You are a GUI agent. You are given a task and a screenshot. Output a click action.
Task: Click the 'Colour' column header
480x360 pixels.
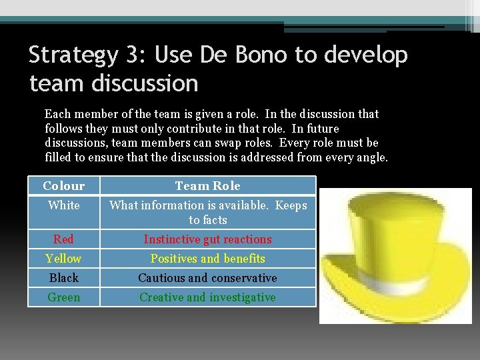(x=64, y=186)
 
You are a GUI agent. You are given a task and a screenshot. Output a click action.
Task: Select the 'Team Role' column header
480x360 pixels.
(x=207, y=186)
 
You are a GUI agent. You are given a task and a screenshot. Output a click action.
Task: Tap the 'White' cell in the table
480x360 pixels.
(x=64, y=205)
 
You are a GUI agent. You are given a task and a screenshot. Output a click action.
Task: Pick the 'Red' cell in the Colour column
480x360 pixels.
(x=64, y=239)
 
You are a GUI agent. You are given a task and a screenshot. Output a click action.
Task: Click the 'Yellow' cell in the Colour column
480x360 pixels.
(x=64, y=259)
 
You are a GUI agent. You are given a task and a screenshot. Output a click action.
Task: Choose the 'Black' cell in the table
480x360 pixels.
(x=64, y=278)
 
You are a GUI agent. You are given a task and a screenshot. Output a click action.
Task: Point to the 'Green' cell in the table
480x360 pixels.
(x=64, y=297)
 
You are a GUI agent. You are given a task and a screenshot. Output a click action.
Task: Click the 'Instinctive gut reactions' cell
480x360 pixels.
(x=207, y=239)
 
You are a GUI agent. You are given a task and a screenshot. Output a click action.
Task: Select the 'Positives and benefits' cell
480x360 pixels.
(x=207, y=259)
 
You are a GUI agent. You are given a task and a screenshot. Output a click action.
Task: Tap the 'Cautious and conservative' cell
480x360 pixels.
(x=207, y=278)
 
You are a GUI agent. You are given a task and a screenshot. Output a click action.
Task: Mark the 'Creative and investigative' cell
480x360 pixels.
(x=207, y=297)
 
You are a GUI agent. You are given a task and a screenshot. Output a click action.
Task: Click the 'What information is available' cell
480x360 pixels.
(x=207, y=212)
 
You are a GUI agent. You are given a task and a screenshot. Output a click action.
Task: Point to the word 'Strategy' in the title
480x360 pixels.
(x=73, y=56)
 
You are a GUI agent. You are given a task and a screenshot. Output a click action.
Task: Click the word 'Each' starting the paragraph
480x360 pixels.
(x=57, y=114)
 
